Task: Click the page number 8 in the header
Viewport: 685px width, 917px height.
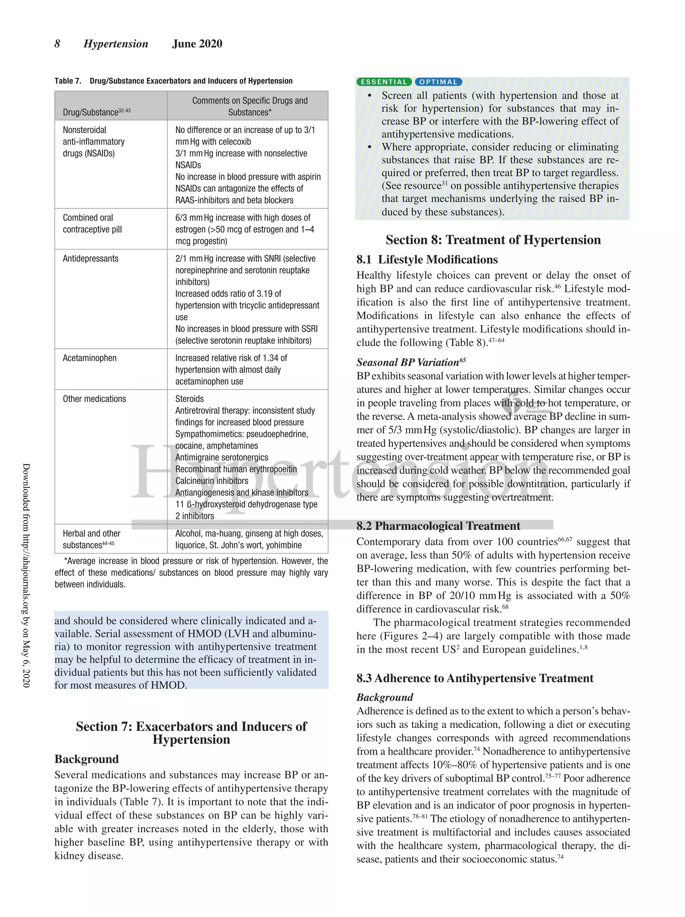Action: [x=57, y=44]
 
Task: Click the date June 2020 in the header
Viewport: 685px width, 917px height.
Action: [x=197, y=44]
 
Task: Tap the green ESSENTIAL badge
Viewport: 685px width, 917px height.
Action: [x=384, y=82]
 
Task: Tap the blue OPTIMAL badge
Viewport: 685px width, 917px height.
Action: [x=438, y=82]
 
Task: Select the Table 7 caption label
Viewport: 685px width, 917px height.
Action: [x=68, y=81]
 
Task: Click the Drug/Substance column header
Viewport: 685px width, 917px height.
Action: [x=96, y=112]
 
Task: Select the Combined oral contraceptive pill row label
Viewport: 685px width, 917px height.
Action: [x=92, y=223]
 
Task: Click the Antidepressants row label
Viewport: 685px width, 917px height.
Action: [x=90, y=259]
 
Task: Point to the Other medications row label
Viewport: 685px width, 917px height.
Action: [x=94, y=399]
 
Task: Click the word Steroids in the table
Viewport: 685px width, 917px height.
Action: [x=189, y=399]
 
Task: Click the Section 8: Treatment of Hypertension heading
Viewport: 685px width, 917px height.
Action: [x=493, y=240]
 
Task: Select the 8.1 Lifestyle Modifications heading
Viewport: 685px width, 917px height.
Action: [x=427, y=260]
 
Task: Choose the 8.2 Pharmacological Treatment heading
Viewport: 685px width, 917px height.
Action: [x=438, y=526]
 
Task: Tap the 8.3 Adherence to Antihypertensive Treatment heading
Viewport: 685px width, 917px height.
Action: [x=475, y=678]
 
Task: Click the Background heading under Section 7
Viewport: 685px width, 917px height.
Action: [x=87, y=759]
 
